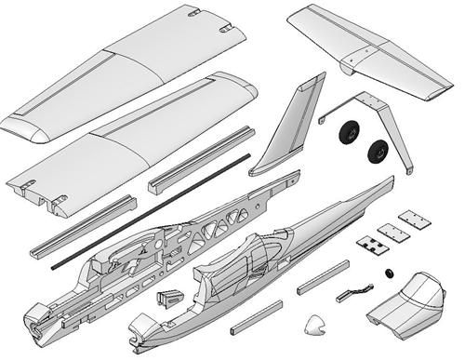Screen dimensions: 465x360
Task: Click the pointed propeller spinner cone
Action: [x=316, y=326]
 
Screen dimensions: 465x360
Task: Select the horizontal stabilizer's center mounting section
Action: [x=360, y=57]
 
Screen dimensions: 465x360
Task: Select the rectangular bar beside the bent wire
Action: [x=321, y=276]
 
